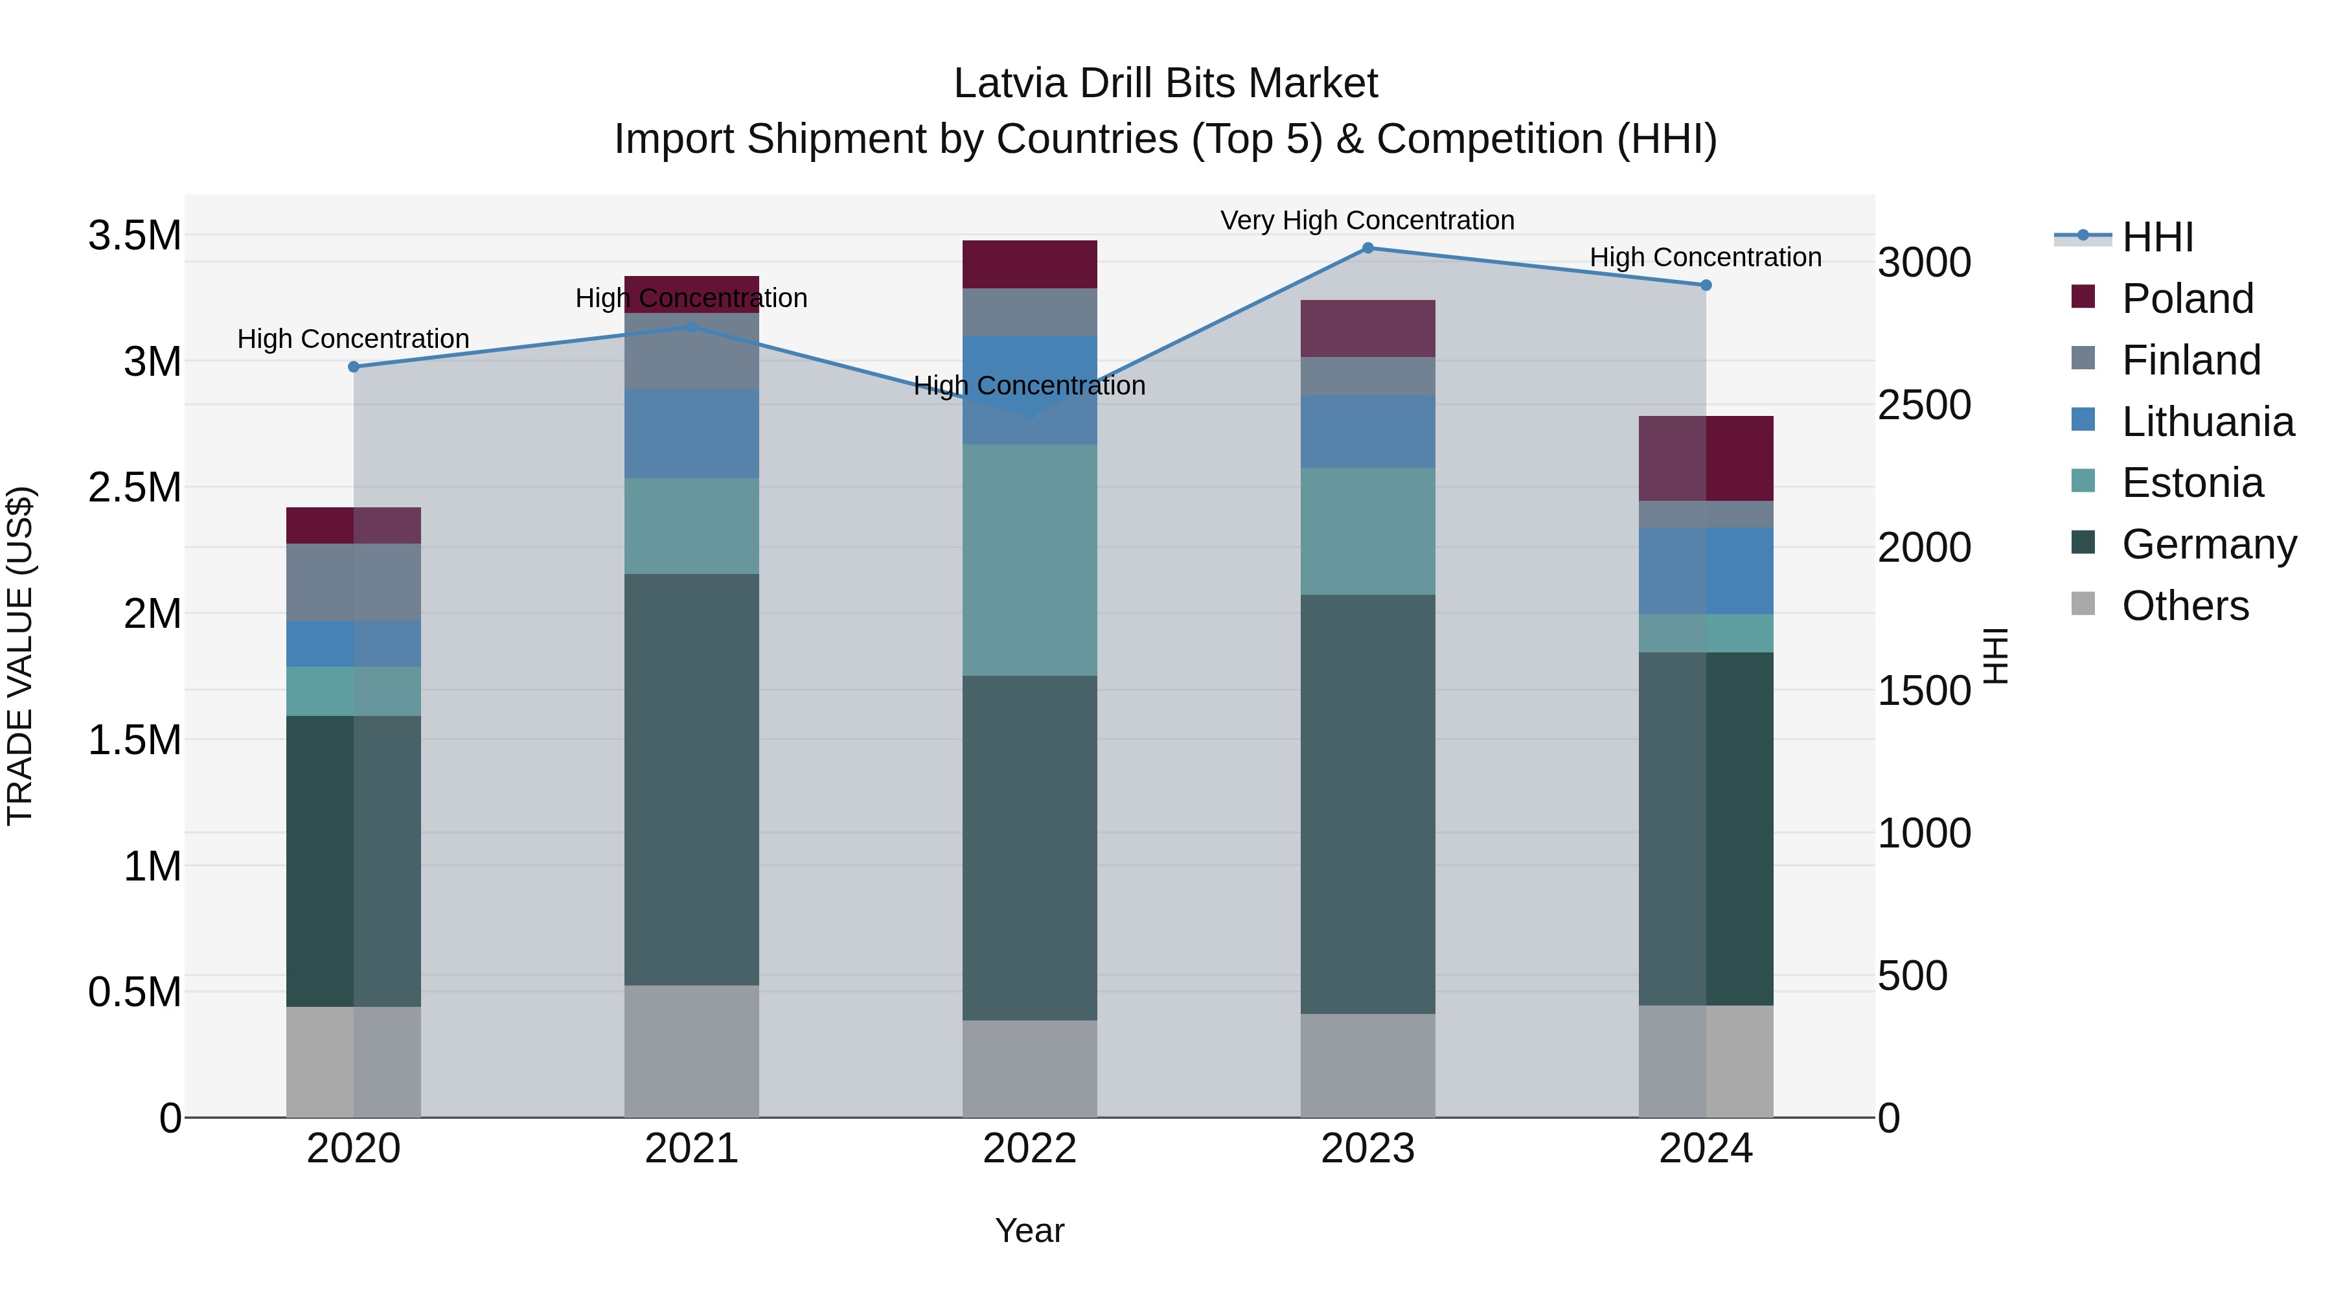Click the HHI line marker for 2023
[x=1368, y=248]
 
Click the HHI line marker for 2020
[x=354, y=367]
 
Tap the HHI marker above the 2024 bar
[x=1706, y=285]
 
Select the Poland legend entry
[x=2186, y=299]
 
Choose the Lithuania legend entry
[x=2206, y=422]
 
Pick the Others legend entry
[x=2184, y=606]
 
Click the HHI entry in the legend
[x=2156, y=237]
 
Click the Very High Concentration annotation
[x=1367, y=220]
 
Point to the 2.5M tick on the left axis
[x=134, y=487]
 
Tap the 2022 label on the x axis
[x=1029, y=1148]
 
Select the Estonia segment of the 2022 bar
[x=1029, y=560]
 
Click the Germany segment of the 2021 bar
[x=692, y=779]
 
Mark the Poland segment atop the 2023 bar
[x=1368, y=328]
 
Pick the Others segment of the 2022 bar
[x=1029, y=1068]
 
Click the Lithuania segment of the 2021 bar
[x=692, y=433]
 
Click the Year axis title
[x=1029, y=1230]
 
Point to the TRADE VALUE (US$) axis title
[x=20, y=656]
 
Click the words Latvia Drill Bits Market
[x=1165, y=84]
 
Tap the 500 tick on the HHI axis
[x=1912, y=976]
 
